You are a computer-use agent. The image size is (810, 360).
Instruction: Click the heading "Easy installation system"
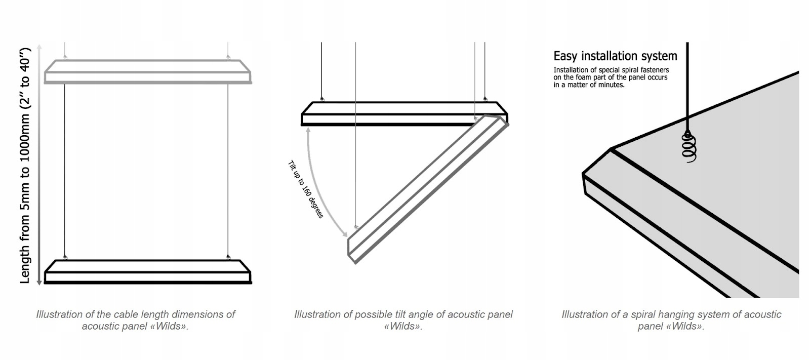[615, 56]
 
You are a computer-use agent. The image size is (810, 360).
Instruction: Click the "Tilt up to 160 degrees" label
[305, 189]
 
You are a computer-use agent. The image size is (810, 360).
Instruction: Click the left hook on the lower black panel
[65, 258]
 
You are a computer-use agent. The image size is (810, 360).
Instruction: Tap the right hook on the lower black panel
[229, 258]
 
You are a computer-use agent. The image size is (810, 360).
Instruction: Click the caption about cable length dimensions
[135, 320]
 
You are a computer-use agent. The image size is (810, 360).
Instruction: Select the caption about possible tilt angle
[403, 320]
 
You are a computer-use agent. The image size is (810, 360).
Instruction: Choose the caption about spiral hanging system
[671, 320]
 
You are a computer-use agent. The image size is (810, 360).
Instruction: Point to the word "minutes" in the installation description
[612, 85]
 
